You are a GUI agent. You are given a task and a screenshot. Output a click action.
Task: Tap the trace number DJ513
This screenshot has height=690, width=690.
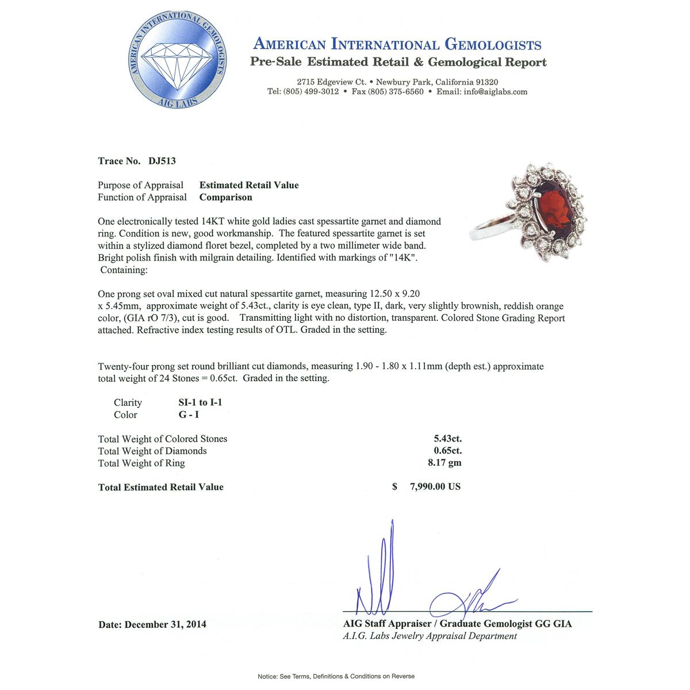(162, 161)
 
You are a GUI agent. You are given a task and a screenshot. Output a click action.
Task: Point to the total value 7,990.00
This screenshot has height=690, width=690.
(435, 487)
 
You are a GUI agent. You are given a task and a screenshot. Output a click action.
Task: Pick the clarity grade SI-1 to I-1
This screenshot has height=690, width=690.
(200, 402)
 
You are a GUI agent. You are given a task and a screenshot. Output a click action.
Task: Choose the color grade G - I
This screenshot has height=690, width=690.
(189, 415)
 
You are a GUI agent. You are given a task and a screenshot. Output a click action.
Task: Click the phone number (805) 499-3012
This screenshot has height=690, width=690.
(311, 92)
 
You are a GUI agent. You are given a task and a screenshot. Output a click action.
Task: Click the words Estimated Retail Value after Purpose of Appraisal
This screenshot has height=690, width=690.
(249, 185)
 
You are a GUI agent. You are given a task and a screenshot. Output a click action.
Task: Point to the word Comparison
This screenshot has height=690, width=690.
(225, 197)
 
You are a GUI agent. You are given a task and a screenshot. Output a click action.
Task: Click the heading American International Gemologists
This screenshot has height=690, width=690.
(397, 44)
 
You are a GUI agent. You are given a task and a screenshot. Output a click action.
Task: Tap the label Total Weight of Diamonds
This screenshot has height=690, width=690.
(152, 451)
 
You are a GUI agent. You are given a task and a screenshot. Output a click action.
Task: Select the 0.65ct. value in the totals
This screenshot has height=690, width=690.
(447, 451)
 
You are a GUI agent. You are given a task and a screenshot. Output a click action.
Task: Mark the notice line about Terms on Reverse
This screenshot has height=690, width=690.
(336, 676)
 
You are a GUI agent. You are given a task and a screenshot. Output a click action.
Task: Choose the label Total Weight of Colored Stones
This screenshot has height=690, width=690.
(163, 439)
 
